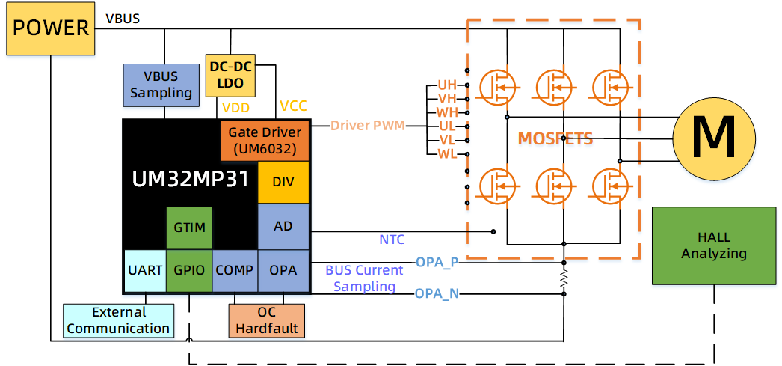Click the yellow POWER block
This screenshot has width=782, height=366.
pyautogui.click(x=51, y=29)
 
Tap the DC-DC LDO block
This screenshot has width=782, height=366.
pyautogui.click(x=231, y=75)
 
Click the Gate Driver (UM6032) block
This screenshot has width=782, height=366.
pyautogui.click(x=265, y=141)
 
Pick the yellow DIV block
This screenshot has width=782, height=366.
pyautogui.click(x=283, y=182)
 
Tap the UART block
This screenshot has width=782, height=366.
pyautogui.click(x=145, y=269)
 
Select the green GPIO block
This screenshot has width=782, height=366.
pyautogui.click(x=189, y=269)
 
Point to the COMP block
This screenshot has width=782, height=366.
pyautogui.click(x=235, y=269)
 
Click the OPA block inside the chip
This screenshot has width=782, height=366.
pyautogui.click(x=283, y=269)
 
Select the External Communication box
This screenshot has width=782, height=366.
pyautogui.click(x=119, y=320)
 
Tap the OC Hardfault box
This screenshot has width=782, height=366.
pyautogui.click(x=266, y=320)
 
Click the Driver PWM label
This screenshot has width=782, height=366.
pyautogui.click(x=368, y=126)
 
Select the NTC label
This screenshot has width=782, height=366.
pyautogui.click(x=392, y=240)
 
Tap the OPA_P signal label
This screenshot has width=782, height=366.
pyautogui.click(x=437, y=262)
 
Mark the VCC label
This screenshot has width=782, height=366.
pyautogui.click(x=293, y=106)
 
